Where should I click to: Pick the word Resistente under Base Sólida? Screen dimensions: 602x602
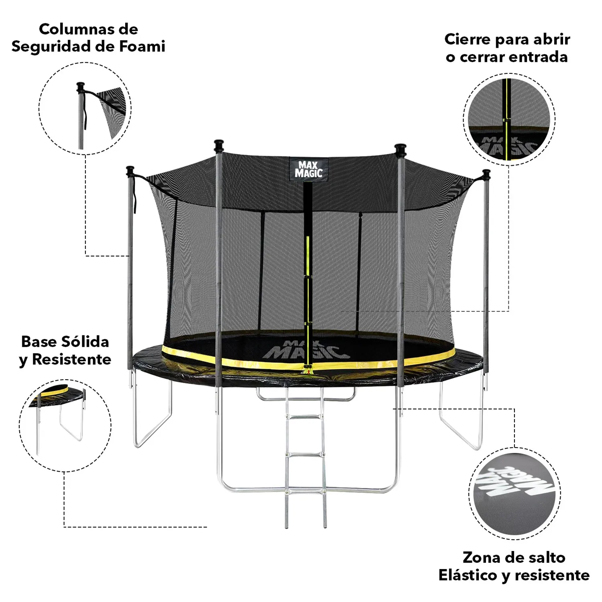coord(71,359)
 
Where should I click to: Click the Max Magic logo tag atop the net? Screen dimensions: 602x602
coord(309,169)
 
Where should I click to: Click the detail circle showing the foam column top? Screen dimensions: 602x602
coord(85,108)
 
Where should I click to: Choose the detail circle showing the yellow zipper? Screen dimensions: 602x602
coord(509,119)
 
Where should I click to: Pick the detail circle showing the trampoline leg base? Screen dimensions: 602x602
coord(65,425)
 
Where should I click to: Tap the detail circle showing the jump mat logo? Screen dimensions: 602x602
coord(515,494)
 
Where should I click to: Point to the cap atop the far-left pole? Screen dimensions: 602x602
coord(130,171)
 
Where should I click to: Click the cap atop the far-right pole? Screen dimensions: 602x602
coord(486,175)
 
